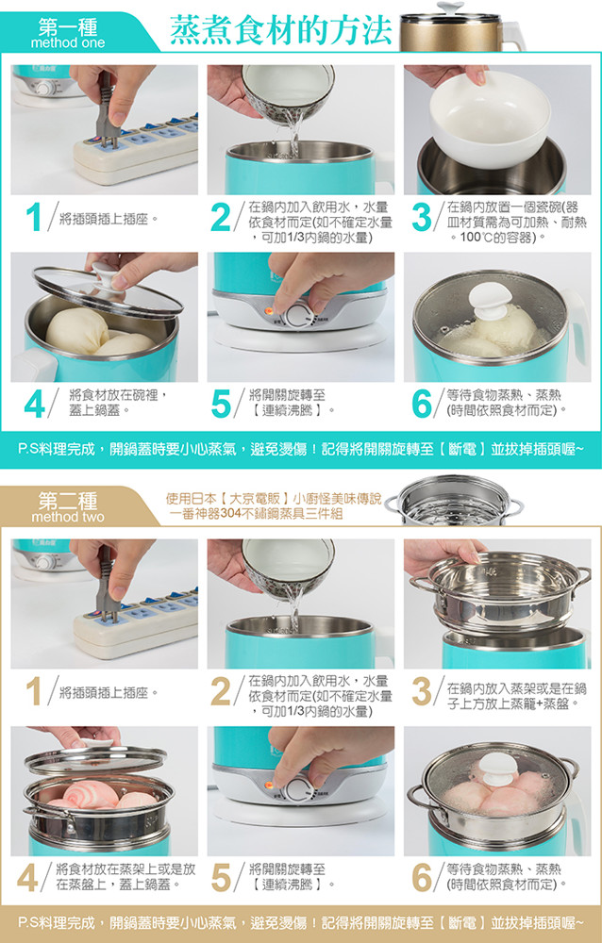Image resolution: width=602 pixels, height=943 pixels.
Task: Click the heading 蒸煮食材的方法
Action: (x=280, y=30)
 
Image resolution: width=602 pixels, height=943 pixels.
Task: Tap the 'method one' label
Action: (x=67, y=43)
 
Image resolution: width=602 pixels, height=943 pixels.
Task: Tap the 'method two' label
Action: (x=67, y=517)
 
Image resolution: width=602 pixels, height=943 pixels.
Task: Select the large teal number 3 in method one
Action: (x=422, y=218)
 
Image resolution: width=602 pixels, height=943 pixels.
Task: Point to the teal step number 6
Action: (x=422, y=404)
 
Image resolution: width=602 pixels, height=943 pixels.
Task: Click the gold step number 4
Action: (x=27, y=878)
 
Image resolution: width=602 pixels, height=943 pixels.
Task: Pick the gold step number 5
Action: (x=222, y=878)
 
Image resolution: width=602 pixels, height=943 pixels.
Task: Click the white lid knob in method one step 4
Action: (x=108, y=276)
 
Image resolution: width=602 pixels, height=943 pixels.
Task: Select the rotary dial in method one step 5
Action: (x=297, y=315)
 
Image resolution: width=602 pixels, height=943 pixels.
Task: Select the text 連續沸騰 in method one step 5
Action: (x=287, y=411)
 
